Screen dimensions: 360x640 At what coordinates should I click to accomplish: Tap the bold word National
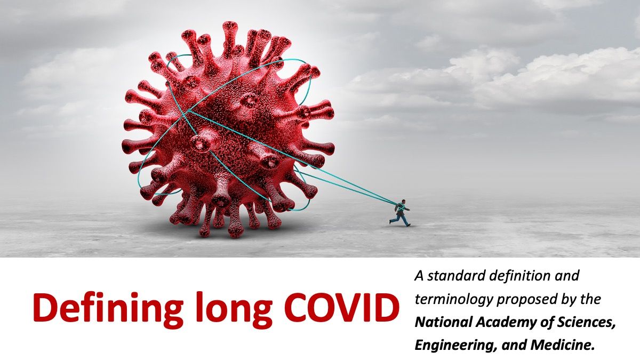tap(441, 323)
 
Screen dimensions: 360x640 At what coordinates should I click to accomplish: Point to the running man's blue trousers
tap(404, 219)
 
